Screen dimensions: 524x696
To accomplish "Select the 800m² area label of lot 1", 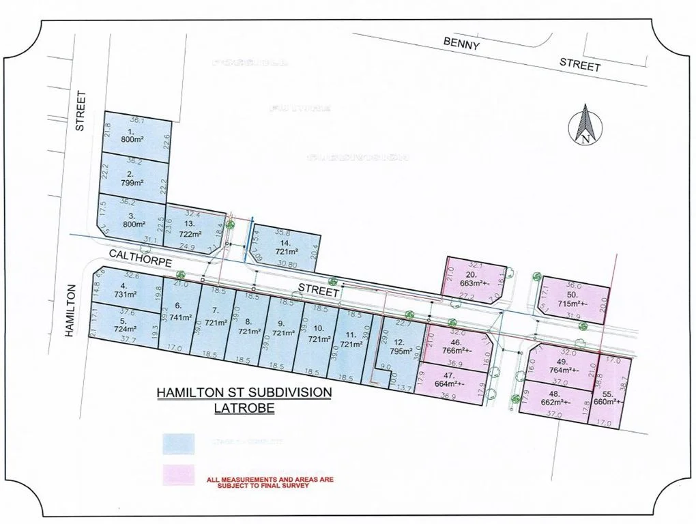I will click(x=134, y=141).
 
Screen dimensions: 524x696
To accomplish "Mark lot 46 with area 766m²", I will click(x=457, y=347).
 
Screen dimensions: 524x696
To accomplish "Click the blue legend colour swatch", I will click(x=178, y=443).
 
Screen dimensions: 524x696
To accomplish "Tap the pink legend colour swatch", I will click(x=178, y=476).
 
